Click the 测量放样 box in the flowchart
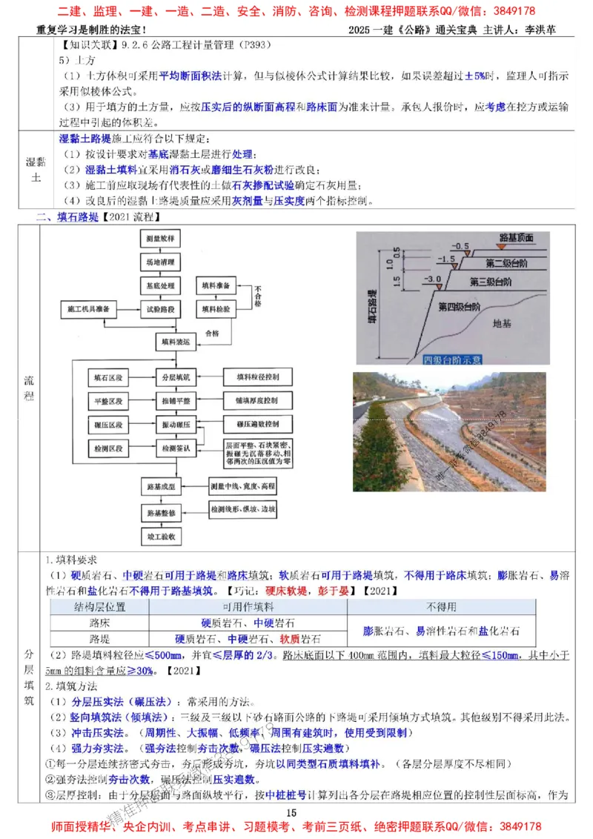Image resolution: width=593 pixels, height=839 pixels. (161, 239)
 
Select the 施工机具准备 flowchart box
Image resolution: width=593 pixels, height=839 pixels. (97, 308)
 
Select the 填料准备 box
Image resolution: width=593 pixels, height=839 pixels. (216, 285)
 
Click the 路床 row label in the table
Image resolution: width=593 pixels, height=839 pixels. (99, 623)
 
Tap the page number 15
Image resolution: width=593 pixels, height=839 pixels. (291, 814)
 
